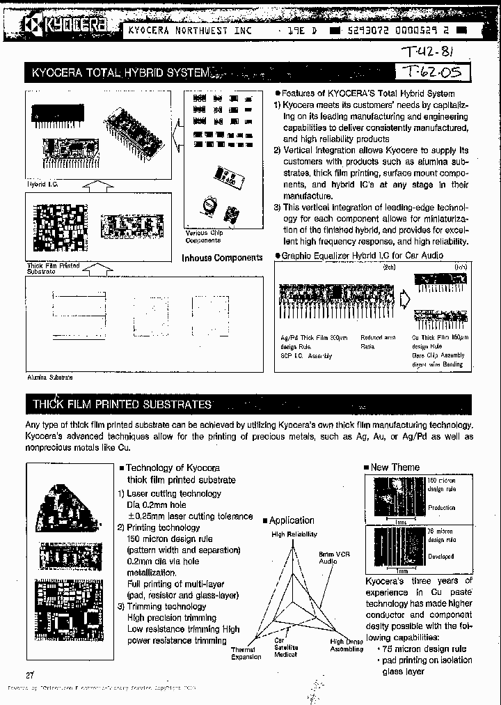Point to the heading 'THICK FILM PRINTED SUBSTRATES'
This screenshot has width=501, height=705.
(122, 404)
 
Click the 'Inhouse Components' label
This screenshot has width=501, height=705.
(222, 258)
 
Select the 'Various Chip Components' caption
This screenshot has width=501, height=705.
(203, 236)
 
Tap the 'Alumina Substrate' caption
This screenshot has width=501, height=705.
(49, 377)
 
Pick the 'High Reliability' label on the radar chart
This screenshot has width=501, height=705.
(294, 534)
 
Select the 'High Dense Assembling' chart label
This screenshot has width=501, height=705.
(347, 645)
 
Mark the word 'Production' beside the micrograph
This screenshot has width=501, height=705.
(441, 508)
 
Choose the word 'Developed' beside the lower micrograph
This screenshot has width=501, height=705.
(441, 557)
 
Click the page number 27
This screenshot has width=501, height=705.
(29, 674)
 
